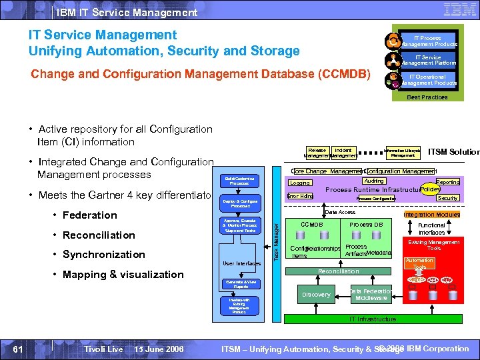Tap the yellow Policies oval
[430, 189]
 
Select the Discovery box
[316, 294]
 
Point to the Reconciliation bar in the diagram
[338, 271]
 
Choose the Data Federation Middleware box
[371, 294]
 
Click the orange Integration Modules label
[431, 215]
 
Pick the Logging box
[300, 183]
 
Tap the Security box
[447, 198]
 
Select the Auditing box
[373, 181]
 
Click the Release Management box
[317, 153]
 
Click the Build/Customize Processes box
[239, 181]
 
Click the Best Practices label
[427, 97]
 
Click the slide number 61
[19, 349]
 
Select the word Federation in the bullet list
[89, 215]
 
